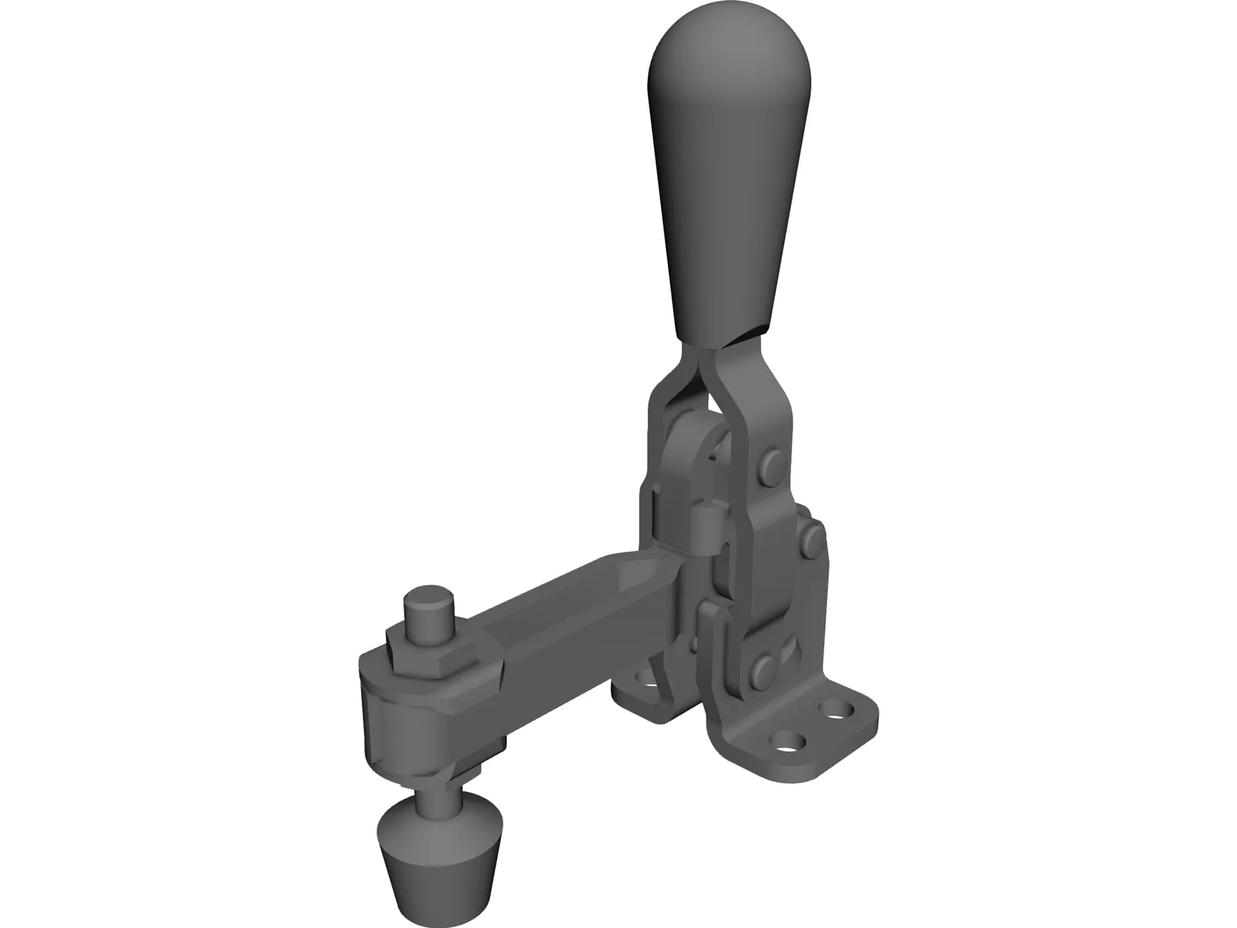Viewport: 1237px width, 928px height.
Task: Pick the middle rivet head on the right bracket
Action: click(809, 541)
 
